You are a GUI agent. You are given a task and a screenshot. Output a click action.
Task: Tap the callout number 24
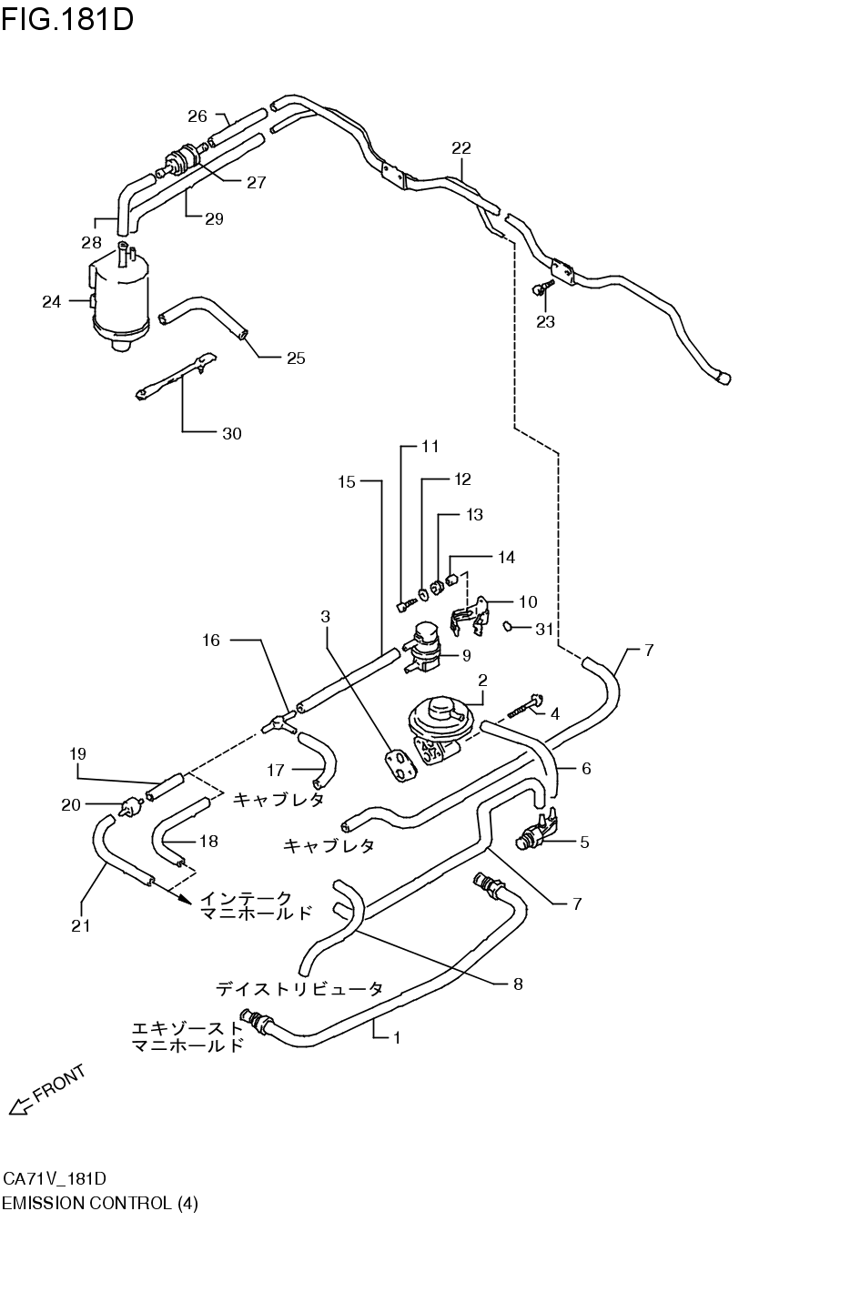pos(51,301)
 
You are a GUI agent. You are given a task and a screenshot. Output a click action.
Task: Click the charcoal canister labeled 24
pos(120,300)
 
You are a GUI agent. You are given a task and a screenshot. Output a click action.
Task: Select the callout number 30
pos(232,434)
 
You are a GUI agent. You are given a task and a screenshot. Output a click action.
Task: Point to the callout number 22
pos(461,147)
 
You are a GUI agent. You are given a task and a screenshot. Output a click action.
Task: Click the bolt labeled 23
pos(543,289)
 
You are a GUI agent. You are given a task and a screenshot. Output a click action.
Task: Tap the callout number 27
pos(256,183)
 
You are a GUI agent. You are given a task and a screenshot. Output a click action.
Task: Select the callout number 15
pos(347,481)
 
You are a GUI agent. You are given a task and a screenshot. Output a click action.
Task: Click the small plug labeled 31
pos(511,626)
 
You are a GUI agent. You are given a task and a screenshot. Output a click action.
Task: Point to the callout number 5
pos(584,843)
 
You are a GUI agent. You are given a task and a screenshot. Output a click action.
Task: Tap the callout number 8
pos(518,984)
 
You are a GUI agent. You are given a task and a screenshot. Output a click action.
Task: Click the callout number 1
pos(397,1036)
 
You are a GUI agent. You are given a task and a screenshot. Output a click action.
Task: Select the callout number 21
pos(82,926)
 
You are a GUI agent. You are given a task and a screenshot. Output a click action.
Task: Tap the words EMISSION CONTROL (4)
pos(99,1203)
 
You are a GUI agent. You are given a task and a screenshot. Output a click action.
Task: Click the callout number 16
pos(210,641)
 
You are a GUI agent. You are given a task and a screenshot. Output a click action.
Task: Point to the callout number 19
pos(77,753)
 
